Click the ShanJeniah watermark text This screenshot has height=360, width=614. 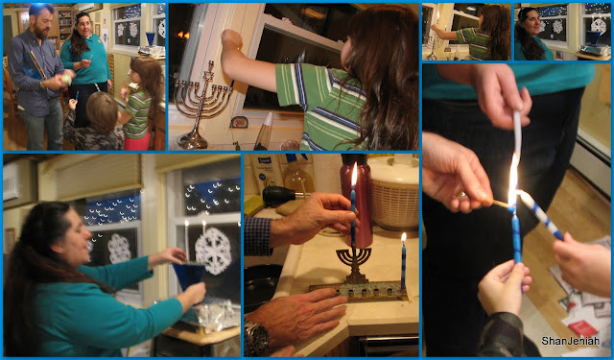tap(570, 341)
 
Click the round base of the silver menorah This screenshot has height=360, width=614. tap(193, 141)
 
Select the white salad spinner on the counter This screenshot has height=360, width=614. tap(394, 194)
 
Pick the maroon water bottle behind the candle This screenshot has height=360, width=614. tap(356, 200)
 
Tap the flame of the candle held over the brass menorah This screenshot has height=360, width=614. tap(354, 174)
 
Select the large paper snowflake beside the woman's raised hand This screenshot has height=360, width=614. tap(213, 251)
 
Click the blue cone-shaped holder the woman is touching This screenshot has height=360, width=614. tap(189, 275)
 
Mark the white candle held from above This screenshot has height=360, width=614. tap(517, 135)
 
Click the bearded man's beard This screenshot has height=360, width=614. tap(40, 30)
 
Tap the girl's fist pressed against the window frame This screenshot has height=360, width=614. tap(231, 39)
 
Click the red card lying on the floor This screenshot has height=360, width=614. tap(582, 328)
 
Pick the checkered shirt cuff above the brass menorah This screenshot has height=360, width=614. tap(258, 236)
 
